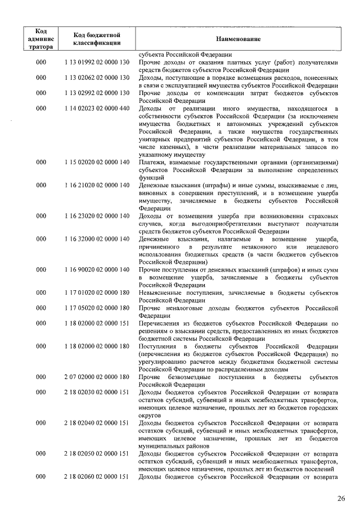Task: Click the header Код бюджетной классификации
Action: (97, 39)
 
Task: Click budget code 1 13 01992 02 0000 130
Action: (97, 62)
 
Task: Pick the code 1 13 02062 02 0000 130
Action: (97, 78)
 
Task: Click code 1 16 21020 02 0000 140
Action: (97, 185)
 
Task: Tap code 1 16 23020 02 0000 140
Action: (97, 216)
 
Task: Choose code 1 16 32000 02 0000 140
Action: (97, 239)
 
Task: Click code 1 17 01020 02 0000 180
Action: (97, 293)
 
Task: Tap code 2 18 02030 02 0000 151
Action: (97, 392)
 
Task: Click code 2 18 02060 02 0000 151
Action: (97, 477)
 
